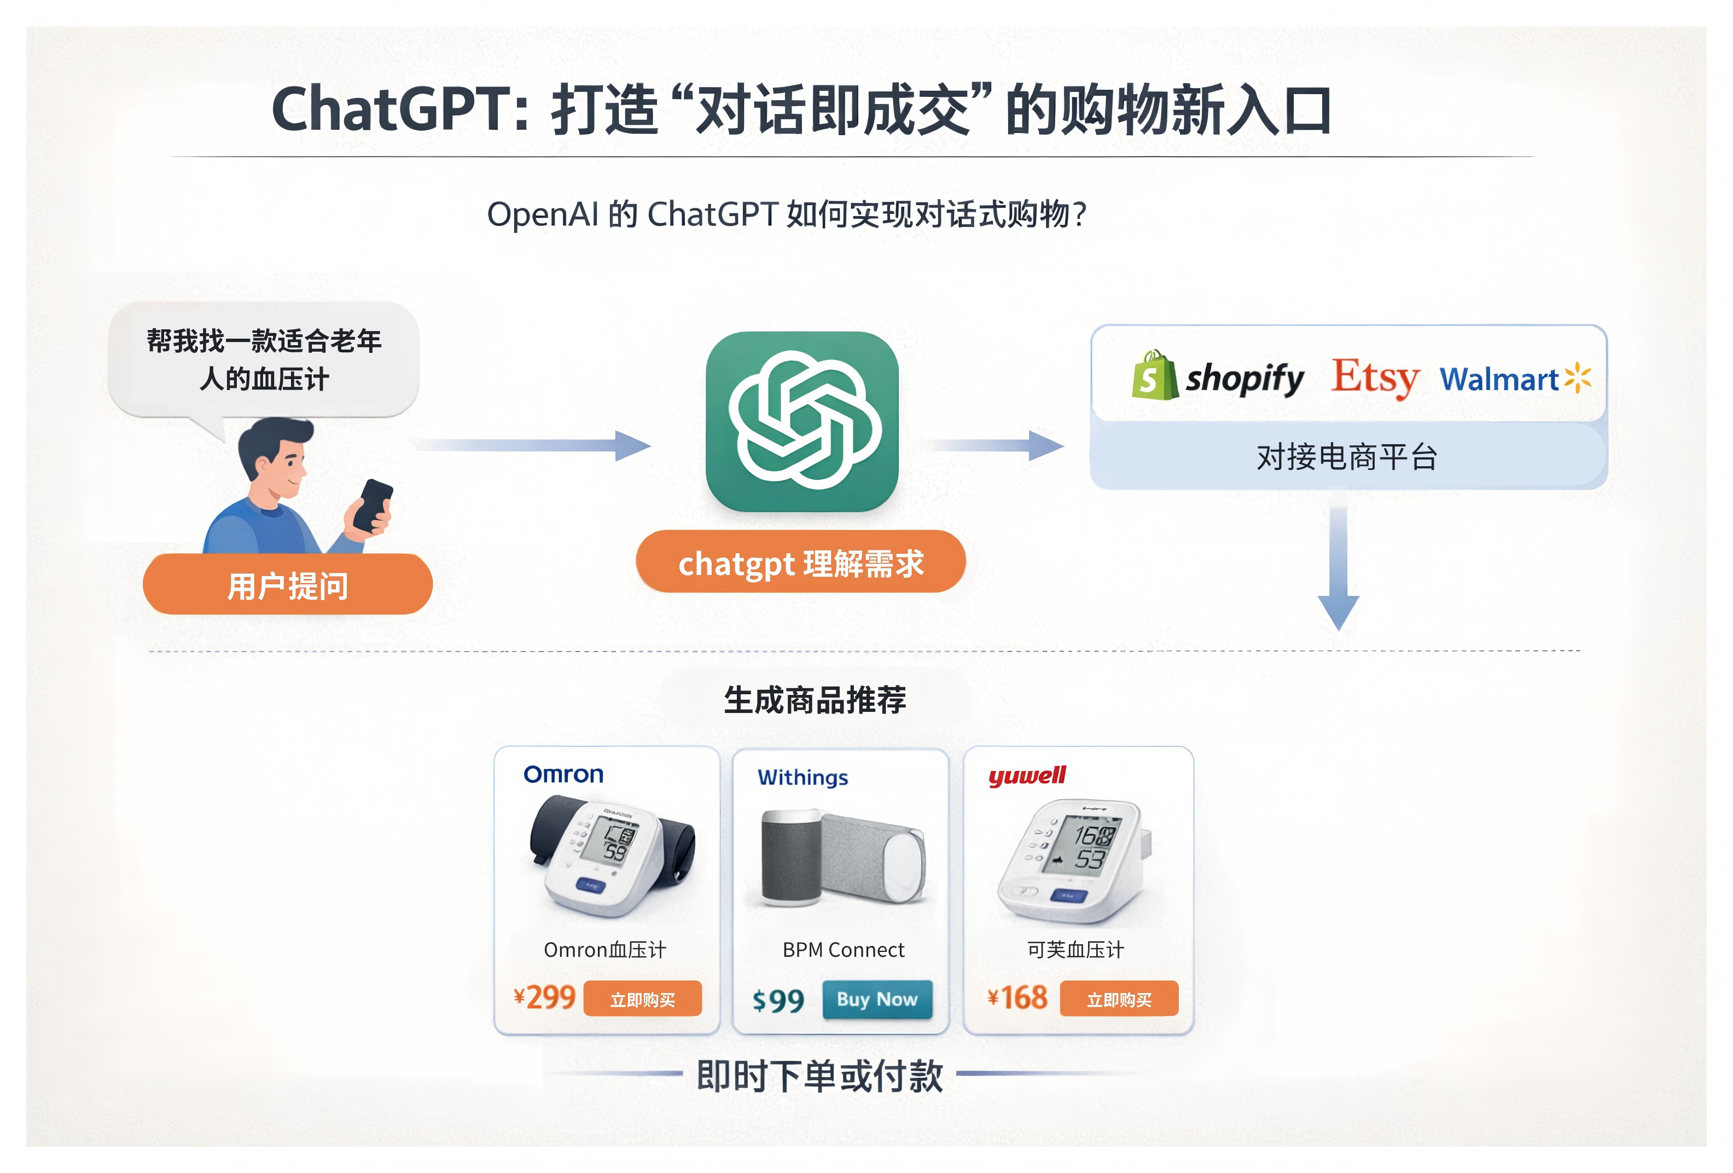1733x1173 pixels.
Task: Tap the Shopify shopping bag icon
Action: pyautogui.click(x=1153, y=376)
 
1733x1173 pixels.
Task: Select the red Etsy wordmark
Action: pyautogui.click(x=1374, y=378)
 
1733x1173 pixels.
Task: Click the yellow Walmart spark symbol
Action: pyautogui.click(x=1577, y=378)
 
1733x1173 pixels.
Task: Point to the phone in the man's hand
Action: pyautogui.click(x=373, y=505)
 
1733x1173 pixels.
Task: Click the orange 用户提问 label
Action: pyautogui.click(x=287, y=585)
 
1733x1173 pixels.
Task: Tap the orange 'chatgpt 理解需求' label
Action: pyautogui.click(x=800, y=563)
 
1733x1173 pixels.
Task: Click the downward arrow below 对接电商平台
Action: pyautogui.click(x=1338, y=571)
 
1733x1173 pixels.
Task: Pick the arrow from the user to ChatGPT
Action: pyautogui.click(x=533, y=446)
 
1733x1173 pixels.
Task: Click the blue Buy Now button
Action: pyautogui.click(x=877, y=999)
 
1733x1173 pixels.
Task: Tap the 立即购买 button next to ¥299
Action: pyautogui.click(x=642, y=999)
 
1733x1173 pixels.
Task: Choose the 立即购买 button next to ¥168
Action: pyautogui.click(x=1119, y=999)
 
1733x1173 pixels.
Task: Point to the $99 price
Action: pyautogui.click(x=778, y=1001)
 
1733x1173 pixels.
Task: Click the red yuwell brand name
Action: pyautogui.click(x=1027, y=776)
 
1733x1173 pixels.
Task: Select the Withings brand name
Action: pyautogui.click(x=802, y=778)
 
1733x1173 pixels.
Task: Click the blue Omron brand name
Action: pyautogui.click(x=563, y=775)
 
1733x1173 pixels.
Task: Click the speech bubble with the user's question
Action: pyautogui.click(x=264, y=360)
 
